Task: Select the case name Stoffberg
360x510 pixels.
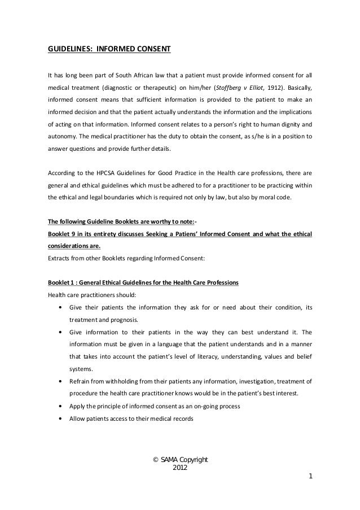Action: [224, 88]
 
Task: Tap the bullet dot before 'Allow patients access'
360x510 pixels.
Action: [60, 420]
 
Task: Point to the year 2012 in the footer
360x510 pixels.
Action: [180, 468]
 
